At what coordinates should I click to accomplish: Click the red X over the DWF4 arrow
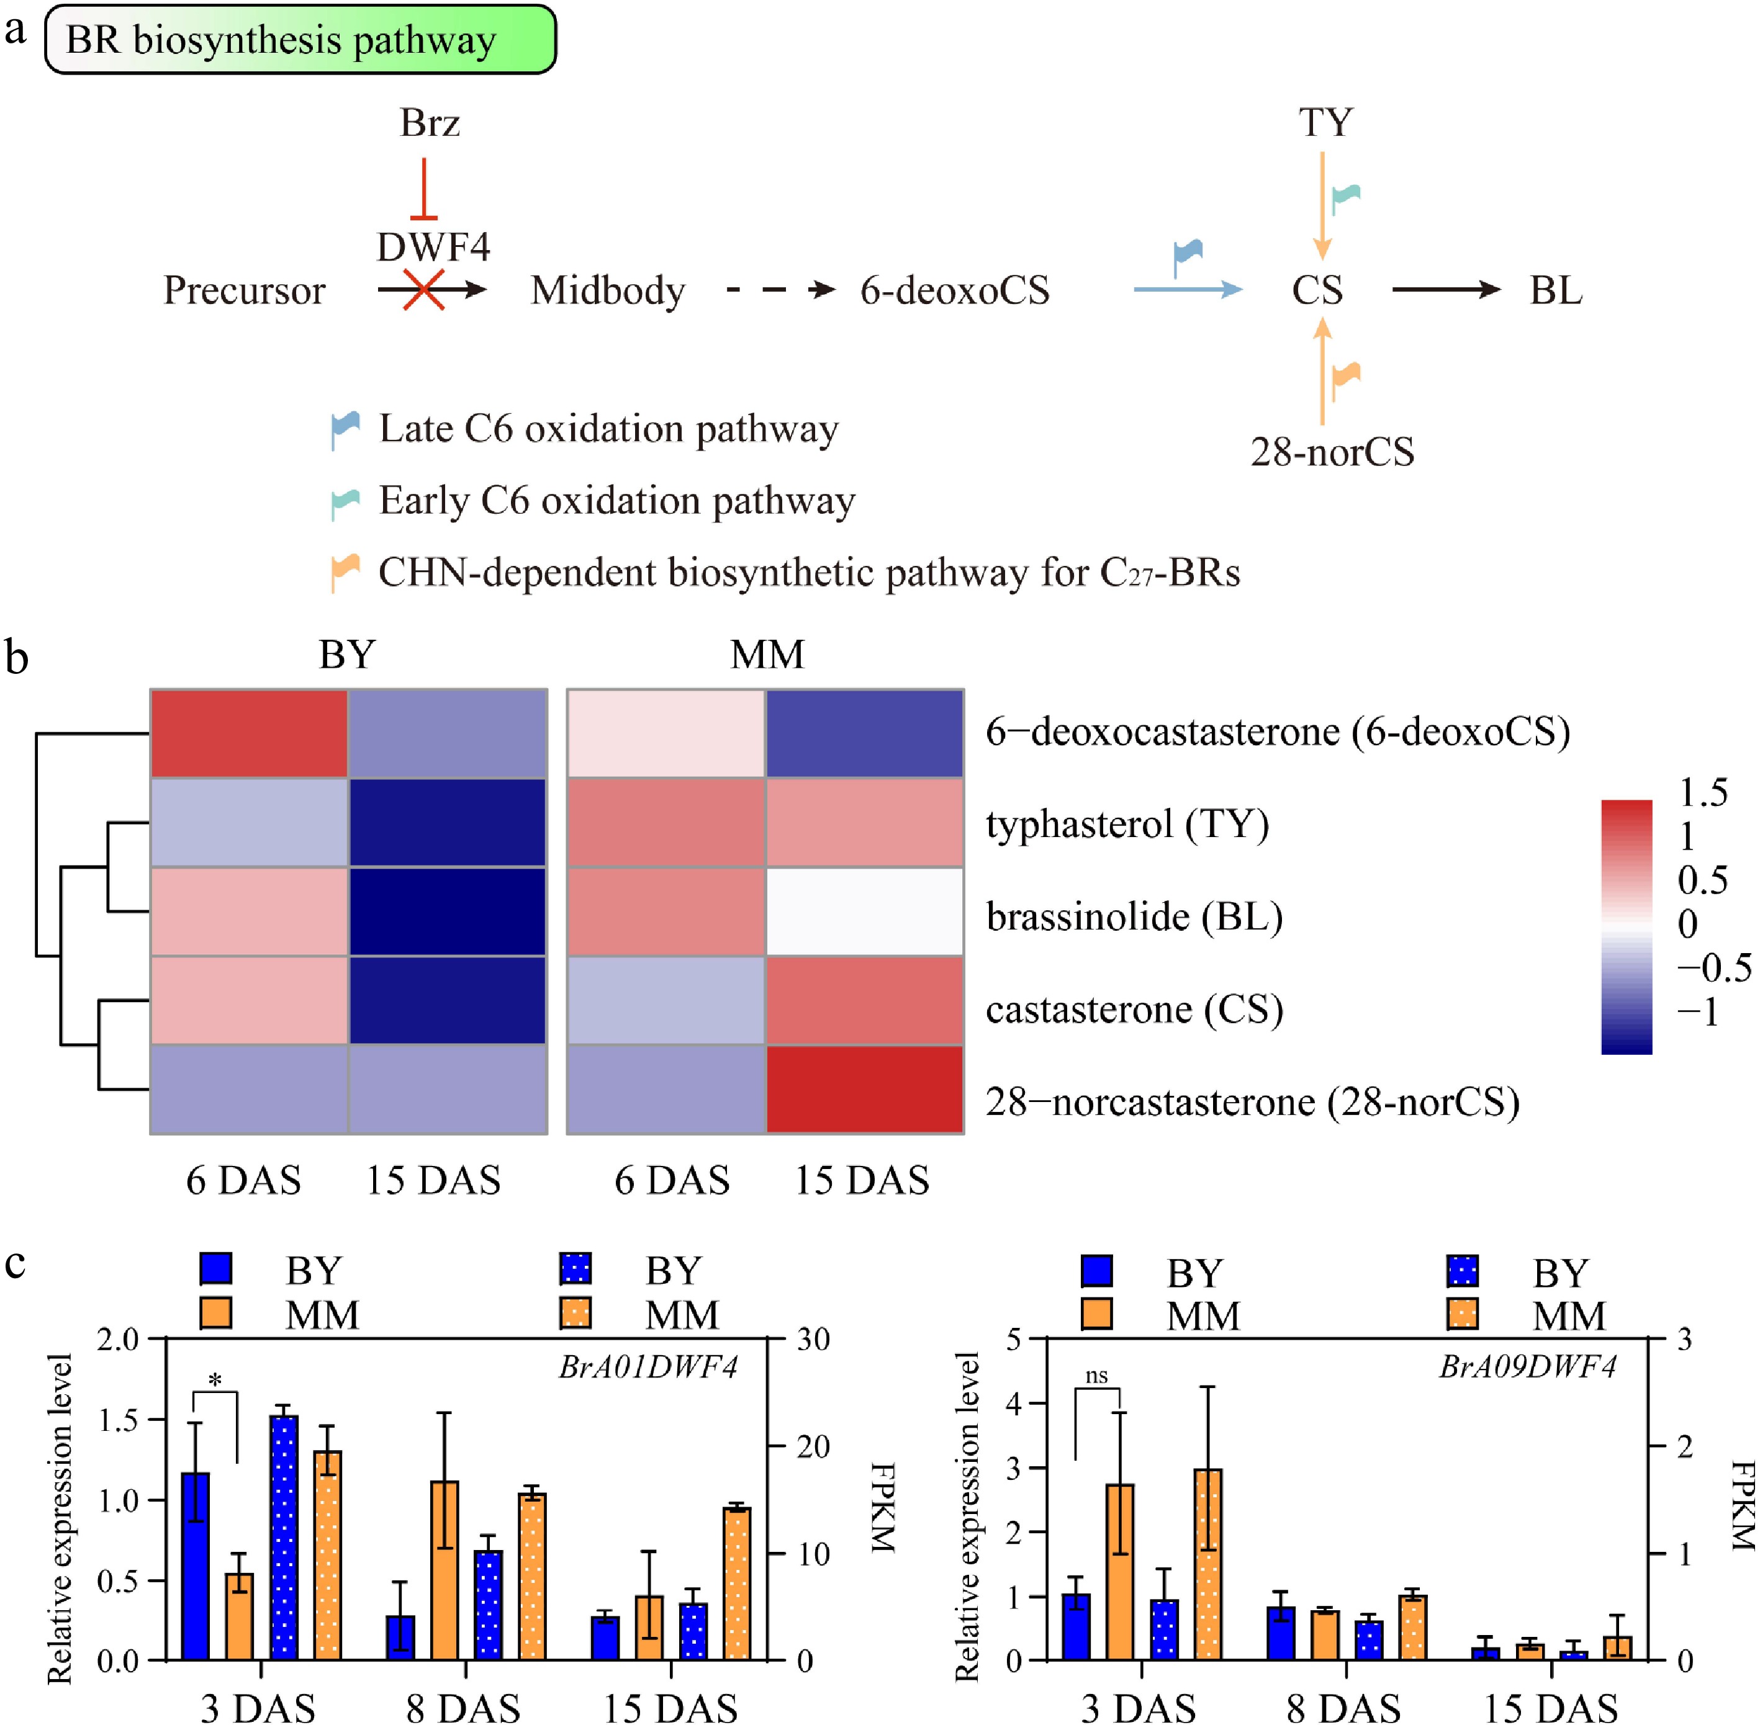coord(423,290)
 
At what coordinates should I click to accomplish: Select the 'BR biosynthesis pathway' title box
coord(300,40)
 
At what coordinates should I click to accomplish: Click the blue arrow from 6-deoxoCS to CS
coord(1187,290)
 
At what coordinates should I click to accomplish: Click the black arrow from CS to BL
coord(1445,290)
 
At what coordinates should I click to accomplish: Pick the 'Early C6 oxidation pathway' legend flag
coord(345,501)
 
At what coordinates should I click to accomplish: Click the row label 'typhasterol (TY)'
coord(1127,825)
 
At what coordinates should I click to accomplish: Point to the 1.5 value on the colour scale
coord(1702,794)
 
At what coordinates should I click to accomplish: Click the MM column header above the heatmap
coord(767,654)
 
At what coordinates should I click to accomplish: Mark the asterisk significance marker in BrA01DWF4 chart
coord(215,1381)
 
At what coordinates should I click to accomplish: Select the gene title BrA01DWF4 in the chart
coord(648,1365)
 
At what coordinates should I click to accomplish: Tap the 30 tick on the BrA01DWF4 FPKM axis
coord(812,1339)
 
